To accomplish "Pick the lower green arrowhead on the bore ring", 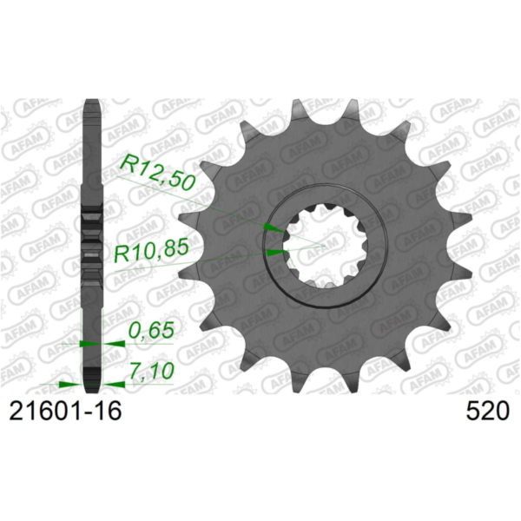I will [x=274, y=253].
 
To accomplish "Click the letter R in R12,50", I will [x=129, y=165].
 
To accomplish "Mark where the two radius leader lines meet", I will [x=324, y=244].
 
